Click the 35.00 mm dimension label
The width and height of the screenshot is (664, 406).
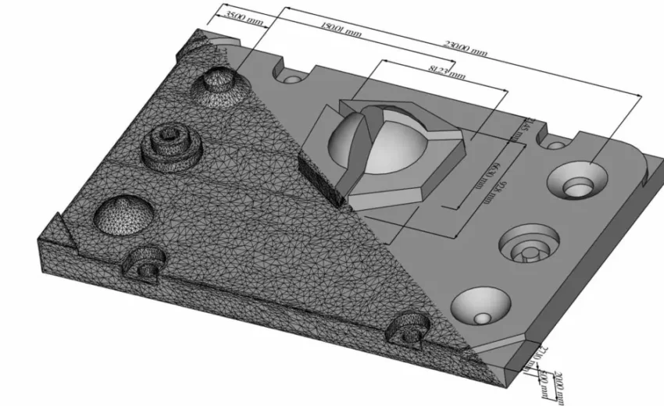click(x=244, y=16)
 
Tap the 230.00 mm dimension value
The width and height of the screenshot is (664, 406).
click(x=466, y=48)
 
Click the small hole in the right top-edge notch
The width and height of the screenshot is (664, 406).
click(x=555, y=145)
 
